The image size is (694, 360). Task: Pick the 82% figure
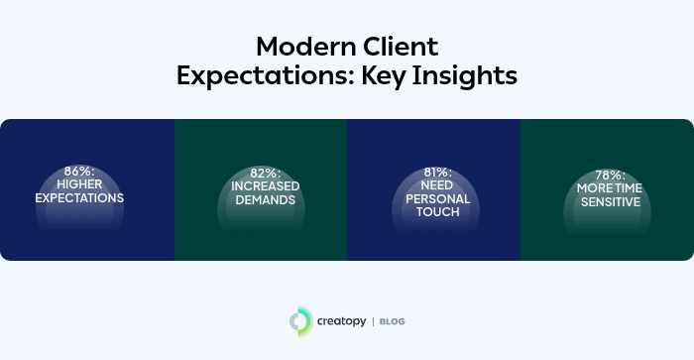(x=260, y=172)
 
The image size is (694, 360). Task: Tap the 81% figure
(x=432, y=172)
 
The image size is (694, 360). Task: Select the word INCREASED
(x=260, y=185)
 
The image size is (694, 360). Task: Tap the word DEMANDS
(x=260, y=198)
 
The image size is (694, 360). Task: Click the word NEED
(x=432, y=184)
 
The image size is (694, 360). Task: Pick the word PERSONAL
(x=432, y=197)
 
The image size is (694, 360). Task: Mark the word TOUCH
(x=432, y=211)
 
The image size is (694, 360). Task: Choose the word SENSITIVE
(x=606, y=201)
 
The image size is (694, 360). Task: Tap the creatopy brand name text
(x=341, y=320)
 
